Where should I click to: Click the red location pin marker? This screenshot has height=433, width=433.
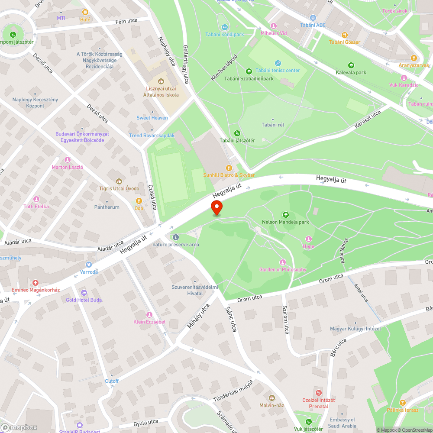[x=216, y=207]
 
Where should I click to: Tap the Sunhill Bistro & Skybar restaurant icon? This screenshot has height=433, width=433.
[x=229, y=168]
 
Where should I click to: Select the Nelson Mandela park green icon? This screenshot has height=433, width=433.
[x=285, y=214]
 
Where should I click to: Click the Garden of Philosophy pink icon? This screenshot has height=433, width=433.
[x=283, y=262]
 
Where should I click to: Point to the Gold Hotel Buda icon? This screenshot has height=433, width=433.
[x=84, y=292]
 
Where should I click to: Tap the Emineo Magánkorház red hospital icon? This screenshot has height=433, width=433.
[x=36, y=282]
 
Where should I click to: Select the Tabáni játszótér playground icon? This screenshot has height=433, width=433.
[x=237, y=133]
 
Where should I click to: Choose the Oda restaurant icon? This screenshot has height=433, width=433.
[x=139, y=200]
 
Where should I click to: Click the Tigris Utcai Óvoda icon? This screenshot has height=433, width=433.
[x=119, y=181]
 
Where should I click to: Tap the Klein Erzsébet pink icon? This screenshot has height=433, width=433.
[x=149, y=314]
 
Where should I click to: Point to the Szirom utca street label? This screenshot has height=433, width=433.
[x=286, y=320]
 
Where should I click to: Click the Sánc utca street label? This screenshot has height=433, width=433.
[x=231, y=319]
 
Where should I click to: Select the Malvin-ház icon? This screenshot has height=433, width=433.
[x=271, y=397]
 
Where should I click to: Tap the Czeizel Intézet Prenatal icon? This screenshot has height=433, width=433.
[x=319, y=393]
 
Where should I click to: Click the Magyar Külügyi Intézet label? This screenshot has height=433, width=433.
[x=355, y=329]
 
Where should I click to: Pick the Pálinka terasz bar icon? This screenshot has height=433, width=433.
[x=402, y=402]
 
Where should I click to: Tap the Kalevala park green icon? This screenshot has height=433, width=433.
[x=351, y=65]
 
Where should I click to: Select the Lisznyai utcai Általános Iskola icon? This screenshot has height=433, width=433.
[x=161, y=81]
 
